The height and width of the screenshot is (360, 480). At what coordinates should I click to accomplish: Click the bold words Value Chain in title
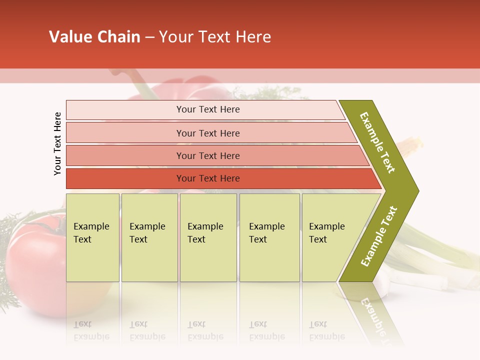coord(94,37)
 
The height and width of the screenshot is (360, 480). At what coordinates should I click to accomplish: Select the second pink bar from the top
coord(207,133)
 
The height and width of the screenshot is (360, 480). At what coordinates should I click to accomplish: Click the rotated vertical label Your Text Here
coord(57,143)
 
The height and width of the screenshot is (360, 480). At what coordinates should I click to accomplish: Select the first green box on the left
coord(92,237)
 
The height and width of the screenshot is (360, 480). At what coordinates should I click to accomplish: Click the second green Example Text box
coord(149,237)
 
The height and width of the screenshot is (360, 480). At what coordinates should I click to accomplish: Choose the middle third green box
coord(208,237)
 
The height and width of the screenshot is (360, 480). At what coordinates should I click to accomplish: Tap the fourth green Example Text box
coord(269,237)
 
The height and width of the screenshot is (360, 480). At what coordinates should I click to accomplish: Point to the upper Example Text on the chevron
coord(378,142)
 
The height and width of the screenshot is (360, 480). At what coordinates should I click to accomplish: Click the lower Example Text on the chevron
coord(379,236)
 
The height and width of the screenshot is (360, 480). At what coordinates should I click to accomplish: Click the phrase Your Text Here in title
coord(215,37)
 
